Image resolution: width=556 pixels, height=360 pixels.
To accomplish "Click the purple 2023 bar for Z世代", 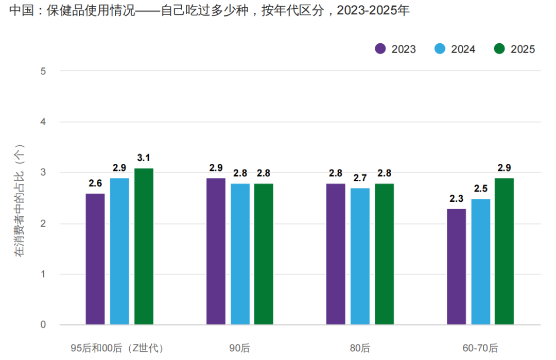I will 95,259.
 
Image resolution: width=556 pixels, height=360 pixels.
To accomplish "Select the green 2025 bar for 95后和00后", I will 144,247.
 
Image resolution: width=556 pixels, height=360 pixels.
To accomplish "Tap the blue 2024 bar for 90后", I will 240,254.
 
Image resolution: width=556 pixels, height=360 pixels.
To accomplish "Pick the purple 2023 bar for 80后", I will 336,254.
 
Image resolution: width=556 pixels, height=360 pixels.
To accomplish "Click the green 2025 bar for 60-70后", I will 504,251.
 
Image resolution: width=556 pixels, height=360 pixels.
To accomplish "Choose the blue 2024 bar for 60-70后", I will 480,262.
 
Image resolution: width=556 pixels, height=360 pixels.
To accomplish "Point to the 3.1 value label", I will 144,158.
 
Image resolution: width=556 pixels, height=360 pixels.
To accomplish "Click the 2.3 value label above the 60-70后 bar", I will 456,199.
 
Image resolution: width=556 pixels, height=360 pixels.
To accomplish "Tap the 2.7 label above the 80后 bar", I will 360,178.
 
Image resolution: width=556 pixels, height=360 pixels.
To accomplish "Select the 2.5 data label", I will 480,188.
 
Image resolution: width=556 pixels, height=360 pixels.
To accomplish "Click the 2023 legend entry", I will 395,49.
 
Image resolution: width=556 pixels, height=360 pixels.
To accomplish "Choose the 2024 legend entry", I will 455,49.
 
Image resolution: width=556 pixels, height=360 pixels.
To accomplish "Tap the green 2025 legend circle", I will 499,49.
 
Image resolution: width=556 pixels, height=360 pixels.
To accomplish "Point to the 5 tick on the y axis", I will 43,71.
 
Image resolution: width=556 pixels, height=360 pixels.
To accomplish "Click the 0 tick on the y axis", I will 43,325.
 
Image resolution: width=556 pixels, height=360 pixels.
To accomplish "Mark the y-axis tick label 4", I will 43,122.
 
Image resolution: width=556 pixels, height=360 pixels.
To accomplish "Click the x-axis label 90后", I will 239,348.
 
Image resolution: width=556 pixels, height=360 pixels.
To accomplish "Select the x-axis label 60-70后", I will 480,348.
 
